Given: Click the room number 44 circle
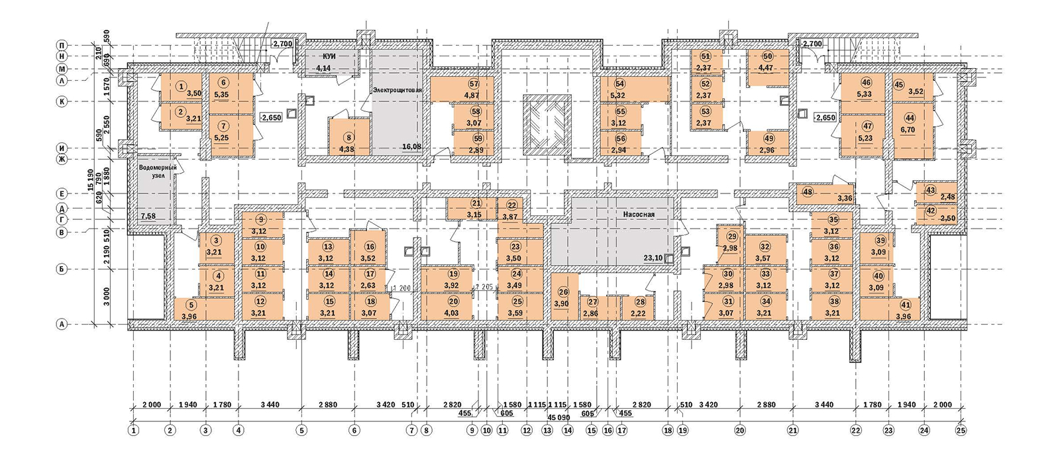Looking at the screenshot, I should click(x=909, y=118).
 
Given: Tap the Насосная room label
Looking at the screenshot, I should click(x=639, y=215).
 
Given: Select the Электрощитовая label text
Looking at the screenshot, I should click(x=397, y=89).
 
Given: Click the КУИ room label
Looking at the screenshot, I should click(x=329, y=56).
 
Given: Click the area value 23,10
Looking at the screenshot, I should click(x=653, y=258).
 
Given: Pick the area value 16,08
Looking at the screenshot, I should click(x=411, y=146).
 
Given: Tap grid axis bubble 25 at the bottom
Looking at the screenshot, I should click(x=961, y=431).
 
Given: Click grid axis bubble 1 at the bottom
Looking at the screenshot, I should click(x=134, y=431).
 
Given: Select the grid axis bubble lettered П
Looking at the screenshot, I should click(x=62, y=45).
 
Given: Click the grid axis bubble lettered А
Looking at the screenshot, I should click(x=62, y=325).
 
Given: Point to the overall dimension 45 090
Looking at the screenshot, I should click(x=558, y=418).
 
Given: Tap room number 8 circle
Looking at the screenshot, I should click(x=348, y=138).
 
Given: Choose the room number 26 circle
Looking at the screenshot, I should click(x=563, y=292).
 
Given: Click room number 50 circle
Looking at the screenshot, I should click(x=767, y=57).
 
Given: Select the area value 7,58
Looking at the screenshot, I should click(x=148, y=217).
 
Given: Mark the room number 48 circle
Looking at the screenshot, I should click(x=807, y=192).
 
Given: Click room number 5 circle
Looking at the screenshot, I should click(x=191, y=305).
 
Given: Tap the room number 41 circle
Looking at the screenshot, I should click(x=905, y=305).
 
